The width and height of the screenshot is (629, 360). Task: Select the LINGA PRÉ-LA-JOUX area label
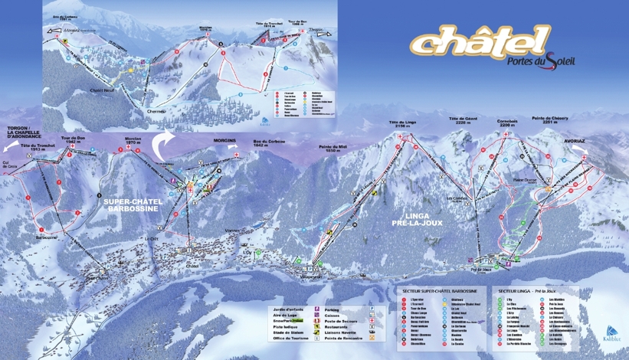[x=415, y=218]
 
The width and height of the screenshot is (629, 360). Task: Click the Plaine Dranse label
[x=523, y=181]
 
